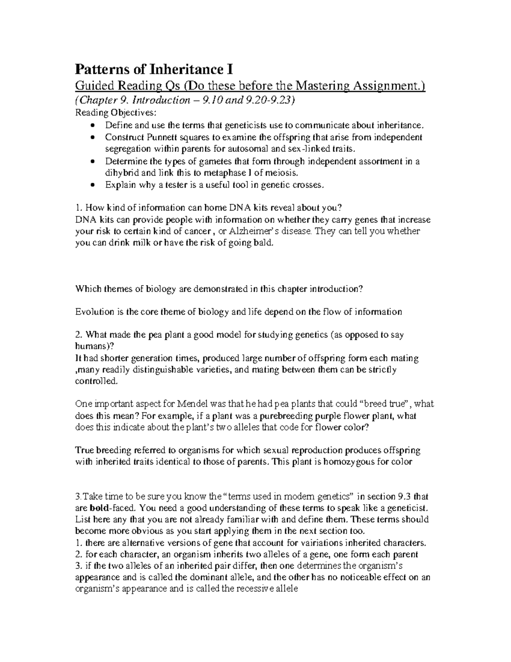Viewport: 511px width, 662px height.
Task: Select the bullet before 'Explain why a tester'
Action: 93,185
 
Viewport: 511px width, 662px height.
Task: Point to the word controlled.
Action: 95,381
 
